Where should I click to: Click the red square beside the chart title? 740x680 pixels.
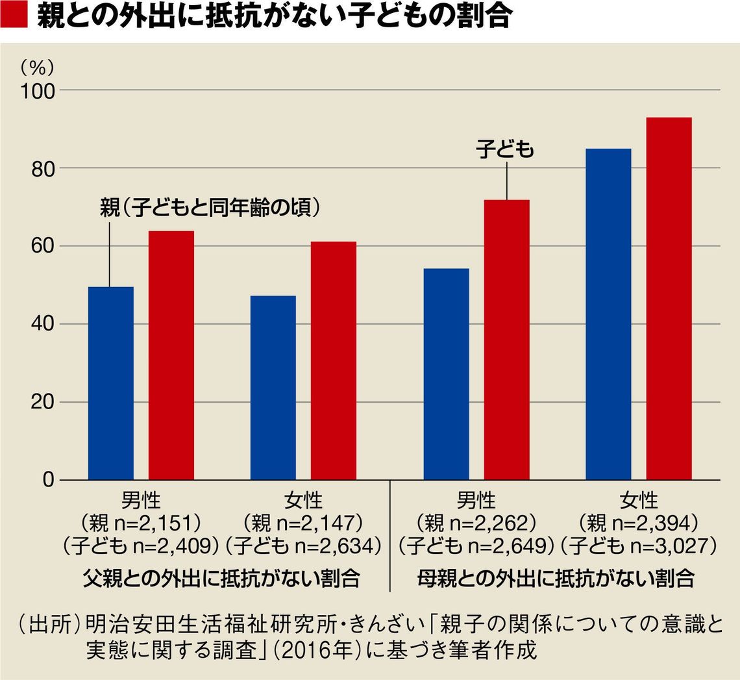pyautogui.click(x=14, y=15)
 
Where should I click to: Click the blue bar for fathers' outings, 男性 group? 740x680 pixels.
pyautogui.click(x=110, y=383)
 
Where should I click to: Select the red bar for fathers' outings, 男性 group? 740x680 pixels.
pyautogui.click(x=171, y=355)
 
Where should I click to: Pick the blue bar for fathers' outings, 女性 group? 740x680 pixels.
pyautogui.click(x=273, y=388)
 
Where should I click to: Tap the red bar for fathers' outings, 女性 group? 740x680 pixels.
pyautogui.click(x=333, y=360)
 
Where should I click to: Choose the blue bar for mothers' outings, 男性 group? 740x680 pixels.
pyautogui.click(x=446, y=374)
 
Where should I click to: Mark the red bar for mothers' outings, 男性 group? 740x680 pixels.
pyautogui.click(x=506, y=340)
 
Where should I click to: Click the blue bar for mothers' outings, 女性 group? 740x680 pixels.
pyautogui.click(x=608, y=314)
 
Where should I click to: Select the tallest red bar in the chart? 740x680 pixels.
pyautogui.click(x=669, y=299)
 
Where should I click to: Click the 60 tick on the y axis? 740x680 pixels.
pyautogui.click(x=43, y=246)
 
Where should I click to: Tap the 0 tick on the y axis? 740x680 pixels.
pyautogui.click(x=48, y=480)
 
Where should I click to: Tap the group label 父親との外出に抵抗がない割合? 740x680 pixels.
pyautogui.click(x=221, y=578)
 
